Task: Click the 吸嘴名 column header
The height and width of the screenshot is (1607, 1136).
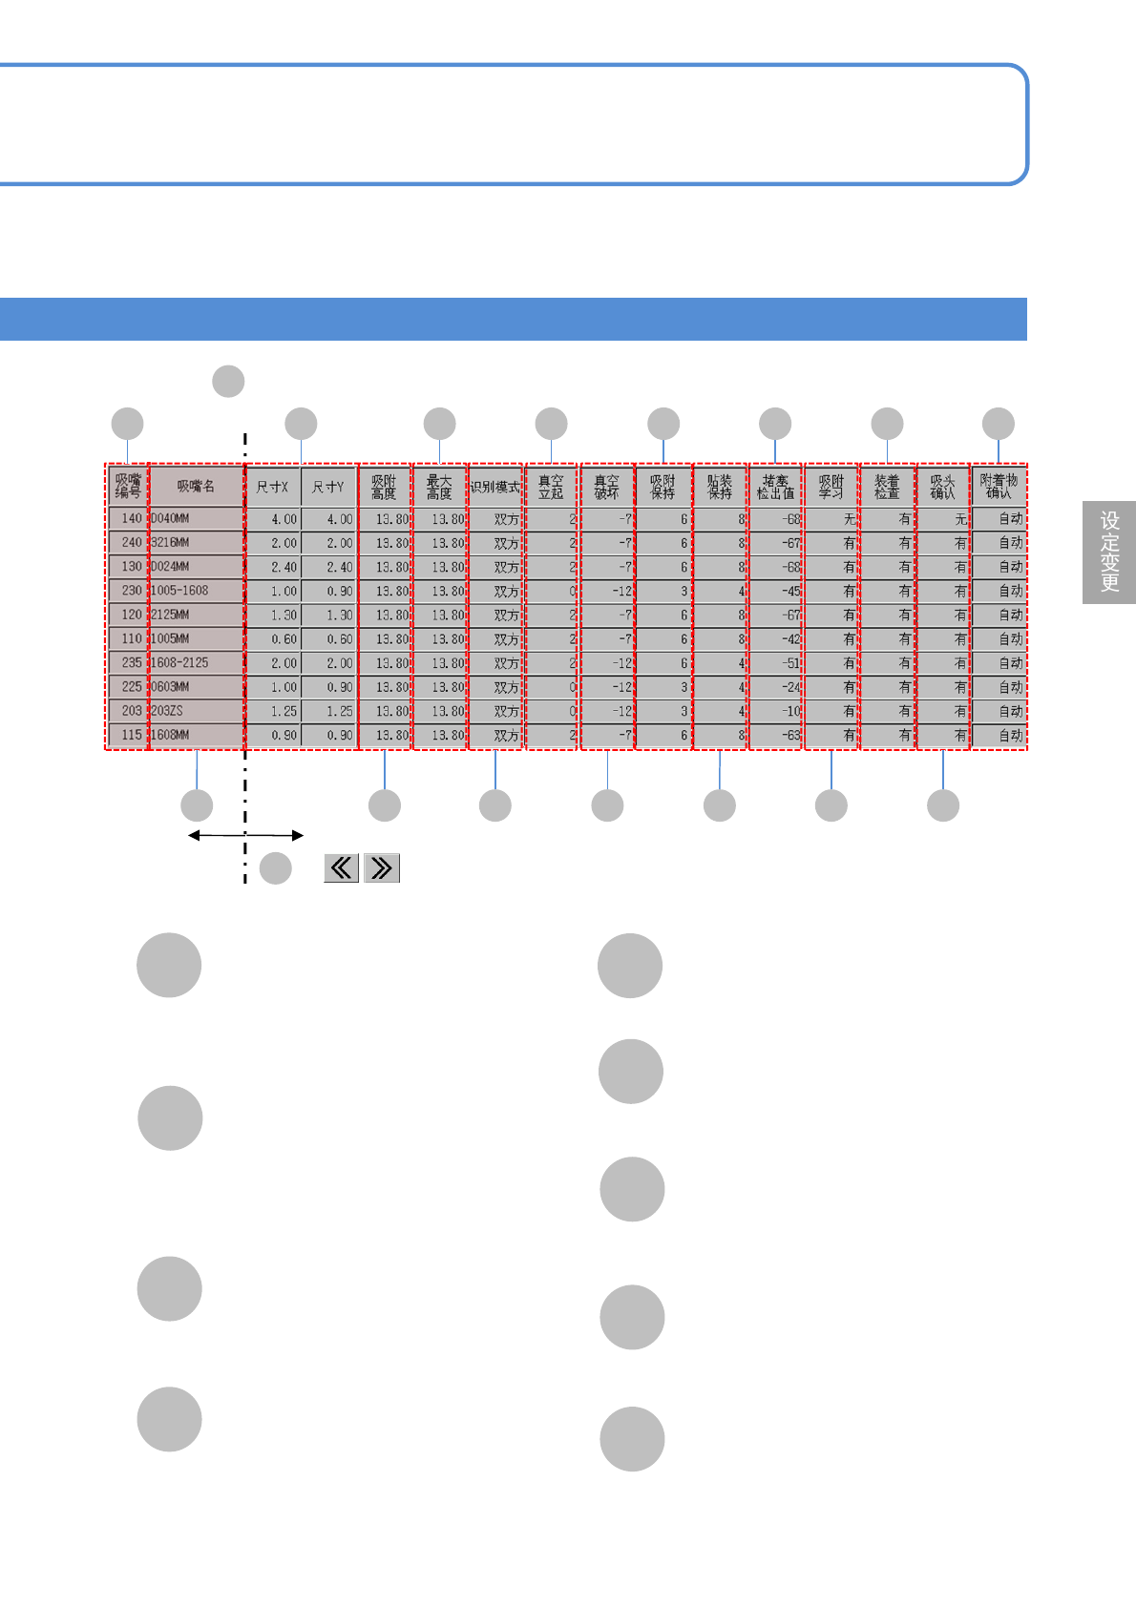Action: click(196, 487)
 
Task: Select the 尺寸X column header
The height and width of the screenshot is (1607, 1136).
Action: click(273, 487)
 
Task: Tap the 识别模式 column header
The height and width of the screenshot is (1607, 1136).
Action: click(495, 487)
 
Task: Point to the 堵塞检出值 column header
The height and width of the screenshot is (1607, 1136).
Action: click(775, 487)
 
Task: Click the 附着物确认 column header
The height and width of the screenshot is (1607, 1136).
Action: click(999, 487)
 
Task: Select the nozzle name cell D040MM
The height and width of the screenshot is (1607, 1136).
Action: click(196, 519)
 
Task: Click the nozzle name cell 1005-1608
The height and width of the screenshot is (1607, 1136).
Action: click(196, 591)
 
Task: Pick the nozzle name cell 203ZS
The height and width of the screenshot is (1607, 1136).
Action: click(196, 711)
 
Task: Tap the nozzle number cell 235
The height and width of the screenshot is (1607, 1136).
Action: click(128, 662)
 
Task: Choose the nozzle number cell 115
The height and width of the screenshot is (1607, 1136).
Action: click(128, 735)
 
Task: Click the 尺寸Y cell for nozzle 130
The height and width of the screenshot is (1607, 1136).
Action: click(328, 567)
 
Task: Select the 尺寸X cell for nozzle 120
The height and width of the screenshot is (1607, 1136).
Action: click(273, 615)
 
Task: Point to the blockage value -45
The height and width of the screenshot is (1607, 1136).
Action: click(775, 591)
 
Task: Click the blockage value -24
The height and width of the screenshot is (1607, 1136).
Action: click(775, 687)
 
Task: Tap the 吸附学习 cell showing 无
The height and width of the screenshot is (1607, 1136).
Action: click(831, 519)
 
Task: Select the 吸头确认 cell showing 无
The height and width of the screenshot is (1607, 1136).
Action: click(943, 519)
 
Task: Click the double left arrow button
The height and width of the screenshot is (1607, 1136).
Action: click(341, 867)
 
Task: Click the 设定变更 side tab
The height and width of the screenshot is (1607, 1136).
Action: click(1109, 553)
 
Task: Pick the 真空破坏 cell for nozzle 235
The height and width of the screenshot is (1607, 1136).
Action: click(607, 662)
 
